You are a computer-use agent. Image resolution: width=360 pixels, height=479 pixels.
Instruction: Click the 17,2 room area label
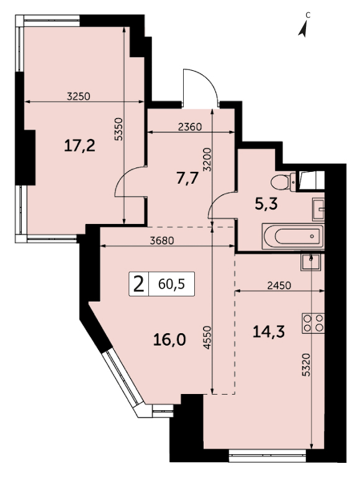coord(80,145)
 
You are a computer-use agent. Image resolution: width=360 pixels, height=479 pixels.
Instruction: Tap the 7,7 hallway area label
coord(187,178)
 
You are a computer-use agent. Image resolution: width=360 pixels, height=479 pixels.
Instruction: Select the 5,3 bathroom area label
coord(266,204)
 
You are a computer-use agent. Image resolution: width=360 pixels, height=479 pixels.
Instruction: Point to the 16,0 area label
coord(169,339)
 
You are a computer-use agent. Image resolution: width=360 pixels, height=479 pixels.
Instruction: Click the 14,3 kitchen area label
coord(269,331)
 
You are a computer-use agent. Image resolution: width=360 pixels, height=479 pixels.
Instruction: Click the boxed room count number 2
coord(139,284)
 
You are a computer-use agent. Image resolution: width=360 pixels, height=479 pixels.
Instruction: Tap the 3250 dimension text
coord(79,97)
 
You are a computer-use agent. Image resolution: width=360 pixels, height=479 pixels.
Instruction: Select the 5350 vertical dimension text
coord(119,129)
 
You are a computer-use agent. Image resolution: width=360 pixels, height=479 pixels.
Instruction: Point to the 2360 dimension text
coord(190,127)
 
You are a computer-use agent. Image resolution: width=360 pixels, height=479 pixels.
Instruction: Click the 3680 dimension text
coord(162,241)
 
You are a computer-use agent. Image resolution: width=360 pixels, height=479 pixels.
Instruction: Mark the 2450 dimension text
coord(279,285)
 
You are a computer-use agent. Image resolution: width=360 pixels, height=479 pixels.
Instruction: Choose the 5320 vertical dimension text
coord(306,365)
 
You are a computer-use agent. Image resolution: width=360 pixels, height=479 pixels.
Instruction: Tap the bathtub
coord(293,236)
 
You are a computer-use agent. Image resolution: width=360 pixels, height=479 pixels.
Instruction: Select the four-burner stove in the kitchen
coord(313,323)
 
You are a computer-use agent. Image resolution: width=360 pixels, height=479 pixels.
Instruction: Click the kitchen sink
coord(311,262)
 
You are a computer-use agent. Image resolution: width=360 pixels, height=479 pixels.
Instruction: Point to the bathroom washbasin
coord(318,209)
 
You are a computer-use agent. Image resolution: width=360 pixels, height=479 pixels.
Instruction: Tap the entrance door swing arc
coord(206,80)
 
